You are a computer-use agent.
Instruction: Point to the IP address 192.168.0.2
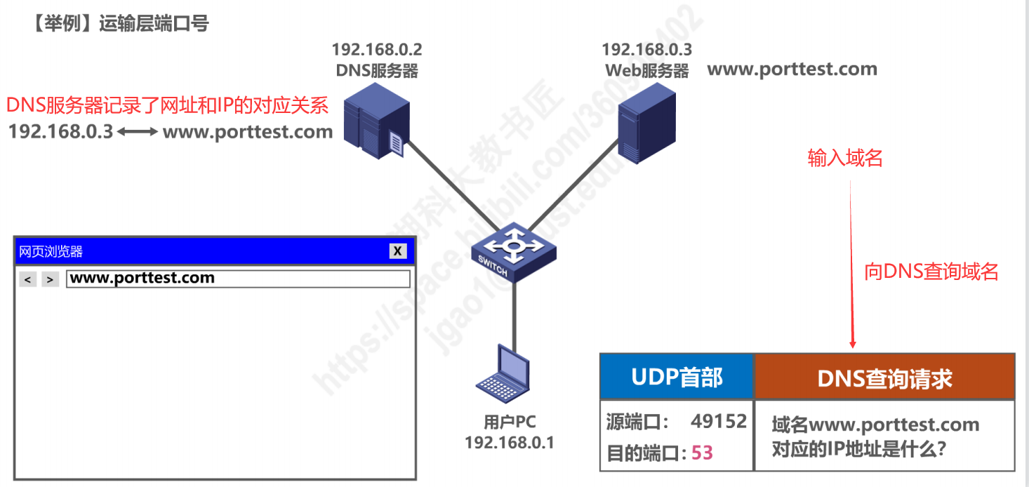(377, 50)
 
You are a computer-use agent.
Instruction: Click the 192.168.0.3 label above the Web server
(646, 50)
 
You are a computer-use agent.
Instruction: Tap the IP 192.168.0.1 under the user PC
(509, 443)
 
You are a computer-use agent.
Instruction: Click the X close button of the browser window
(398, 251)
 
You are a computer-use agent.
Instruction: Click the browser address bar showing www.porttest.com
(238, 279)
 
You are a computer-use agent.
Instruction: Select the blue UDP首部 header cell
(677, 378)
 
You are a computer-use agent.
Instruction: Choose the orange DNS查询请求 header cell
(884, 378)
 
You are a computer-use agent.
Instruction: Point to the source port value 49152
(718, 421)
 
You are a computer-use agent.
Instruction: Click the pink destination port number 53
(702, 453)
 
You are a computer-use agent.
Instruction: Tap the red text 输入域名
(845, 159)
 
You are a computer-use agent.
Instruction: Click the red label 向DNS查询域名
(931, 272)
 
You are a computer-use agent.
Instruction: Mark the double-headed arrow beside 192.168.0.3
(138, 132)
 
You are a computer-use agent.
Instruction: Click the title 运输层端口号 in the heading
(154, 24)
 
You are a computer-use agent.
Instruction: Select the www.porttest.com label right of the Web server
(792, 69)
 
